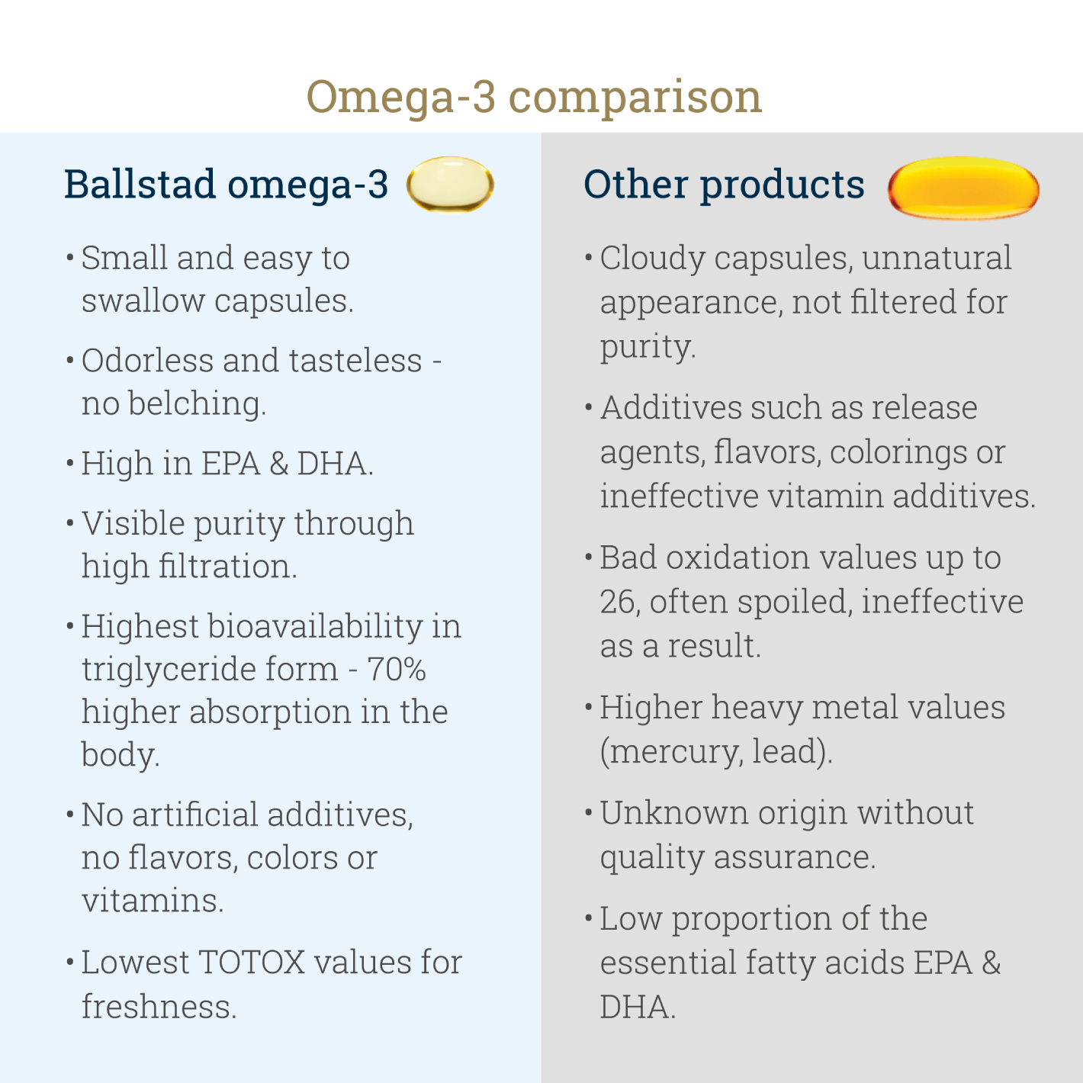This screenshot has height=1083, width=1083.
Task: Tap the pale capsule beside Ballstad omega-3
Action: (x=450, y=185)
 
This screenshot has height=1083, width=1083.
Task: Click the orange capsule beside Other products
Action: (x=963, y=188)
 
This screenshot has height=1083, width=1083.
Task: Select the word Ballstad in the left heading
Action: (x=140, y=185)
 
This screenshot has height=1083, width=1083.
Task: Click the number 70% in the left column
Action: (x=396, y=669)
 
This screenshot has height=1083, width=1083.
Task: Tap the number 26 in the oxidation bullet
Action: (x=617, y=602)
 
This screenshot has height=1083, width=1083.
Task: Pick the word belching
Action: (x=197, y=404)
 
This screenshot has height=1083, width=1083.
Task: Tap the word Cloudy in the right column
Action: (x=651, y=259)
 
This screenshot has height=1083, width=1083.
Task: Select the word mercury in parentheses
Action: (x=673, y=752)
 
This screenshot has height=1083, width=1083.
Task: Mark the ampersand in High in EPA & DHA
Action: (x=279, y=464)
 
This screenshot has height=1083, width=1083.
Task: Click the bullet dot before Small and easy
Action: (x=69, y=257)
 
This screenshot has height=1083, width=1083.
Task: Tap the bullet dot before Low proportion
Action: (x=588, y=917)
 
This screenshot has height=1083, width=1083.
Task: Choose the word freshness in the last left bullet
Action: (x=159, y=1007)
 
